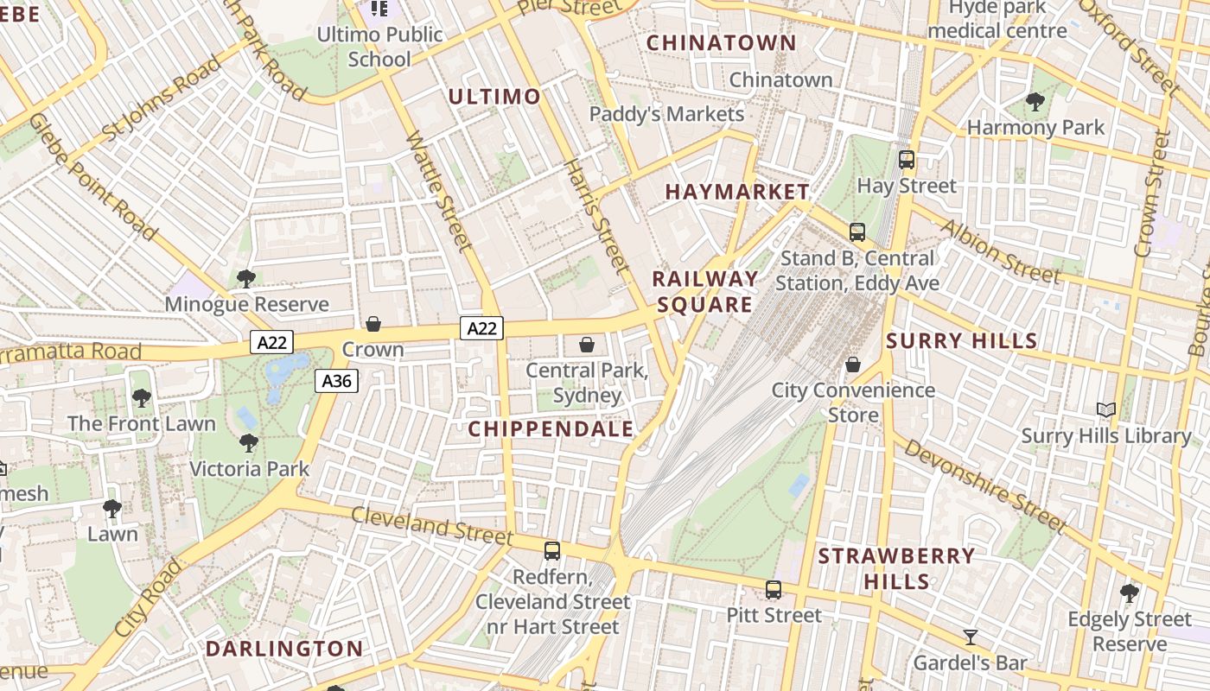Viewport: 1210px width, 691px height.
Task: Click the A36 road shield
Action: pos(336,381)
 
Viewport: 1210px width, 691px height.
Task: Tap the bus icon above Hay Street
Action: pos(907,160)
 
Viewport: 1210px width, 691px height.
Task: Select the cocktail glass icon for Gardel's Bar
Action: pos(971,637)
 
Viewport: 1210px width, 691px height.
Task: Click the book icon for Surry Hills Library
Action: pos(1106,409)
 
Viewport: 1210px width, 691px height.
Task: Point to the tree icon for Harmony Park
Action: pos(1035,102)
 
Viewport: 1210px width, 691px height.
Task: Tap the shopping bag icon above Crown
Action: pos(373,324)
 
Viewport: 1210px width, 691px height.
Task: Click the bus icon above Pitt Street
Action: pos(774,590)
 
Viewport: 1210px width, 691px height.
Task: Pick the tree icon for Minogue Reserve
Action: pos(246,279)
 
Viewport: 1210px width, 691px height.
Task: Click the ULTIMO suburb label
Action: pos(494,97)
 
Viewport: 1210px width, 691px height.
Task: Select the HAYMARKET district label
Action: pos(737,192)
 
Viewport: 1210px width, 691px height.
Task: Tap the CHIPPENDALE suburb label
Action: pos(551,428)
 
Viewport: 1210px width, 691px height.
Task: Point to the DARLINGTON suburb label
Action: pos(284,649)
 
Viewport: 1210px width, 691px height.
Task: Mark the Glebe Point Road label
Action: pos(92,176)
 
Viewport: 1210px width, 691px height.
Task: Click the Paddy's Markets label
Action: pos(666,114)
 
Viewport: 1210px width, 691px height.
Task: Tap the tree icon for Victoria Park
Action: pos(249,443)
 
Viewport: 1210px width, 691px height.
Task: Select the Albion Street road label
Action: pos(1001,251)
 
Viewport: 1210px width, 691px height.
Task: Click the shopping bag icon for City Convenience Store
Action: pos(853,365)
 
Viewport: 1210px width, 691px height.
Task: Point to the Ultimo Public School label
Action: pos(379,47)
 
